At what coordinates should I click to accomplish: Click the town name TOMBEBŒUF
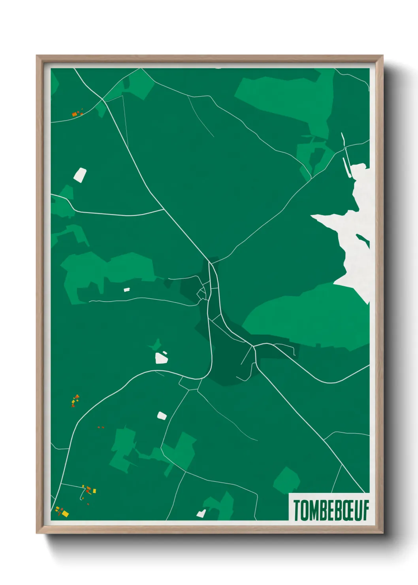[x=331, y=510]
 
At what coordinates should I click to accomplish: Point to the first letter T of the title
[x=296, y=510]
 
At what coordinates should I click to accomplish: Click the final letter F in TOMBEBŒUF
[x=366, y=510]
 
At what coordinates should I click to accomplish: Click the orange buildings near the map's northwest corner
[x=77, y=114]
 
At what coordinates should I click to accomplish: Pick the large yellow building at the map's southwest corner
[x=65, y=513]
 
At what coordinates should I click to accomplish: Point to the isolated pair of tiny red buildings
[x=101, y=427]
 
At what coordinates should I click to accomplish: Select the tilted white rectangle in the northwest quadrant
[x=80, y=175]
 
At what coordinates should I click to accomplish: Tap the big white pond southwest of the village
[x=162, y=358]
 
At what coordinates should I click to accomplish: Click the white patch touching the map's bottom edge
[x=201, y=513]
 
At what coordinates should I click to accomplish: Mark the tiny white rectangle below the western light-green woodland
[x=127, y=290]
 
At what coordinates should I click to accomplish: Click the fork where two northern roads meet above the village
[x=209, y=262]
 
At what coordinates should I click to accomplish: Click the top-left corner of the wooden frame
[x=37, y=56]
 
